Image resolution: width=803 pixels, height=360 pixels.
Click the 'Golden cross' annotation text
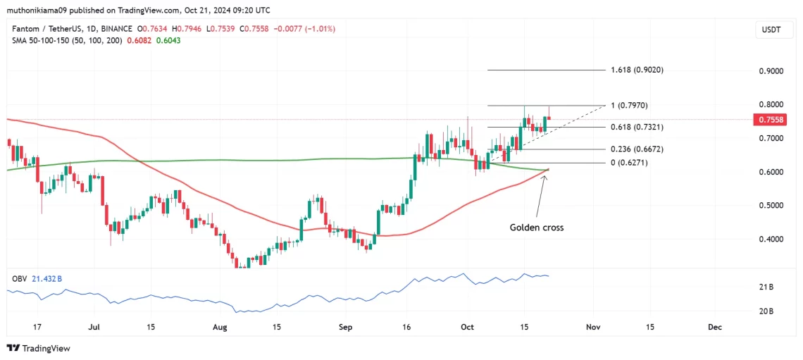coord(537,228)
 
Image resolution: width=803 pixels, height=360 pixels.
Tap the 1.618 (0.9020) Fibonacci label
coord(637,70)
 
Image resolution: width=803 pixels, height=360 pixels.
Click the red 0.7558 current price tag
coord(771,120)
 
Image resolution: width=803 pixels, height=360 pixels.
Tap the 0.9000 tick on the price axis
coord(771,72)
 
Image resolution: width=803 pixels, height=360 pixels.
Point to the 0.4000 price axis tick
coord(771,240)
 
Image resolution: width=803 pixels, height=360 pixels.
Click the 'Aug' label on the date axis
coord(220,327)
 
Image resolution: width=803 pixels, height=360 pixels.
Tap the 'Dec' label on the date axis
coord(715,327)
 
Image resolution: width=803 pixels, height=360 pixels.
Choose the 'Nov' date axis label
coord(593,327)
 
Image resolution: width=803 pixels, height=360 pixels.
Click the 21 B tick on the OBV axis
coord(766,287)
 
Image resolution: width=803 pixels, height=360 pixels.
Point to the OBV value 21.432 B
coord(47,279)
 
